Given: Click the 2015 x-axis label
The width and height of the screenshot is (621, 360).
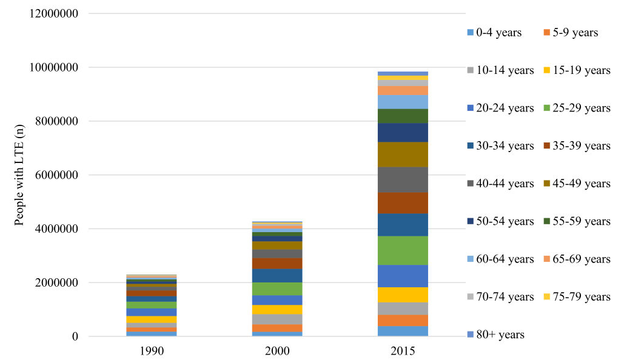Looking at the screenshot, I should point(403,351).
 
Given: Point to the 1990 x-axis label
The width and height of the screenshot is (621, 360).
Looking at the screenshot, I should point(152,351).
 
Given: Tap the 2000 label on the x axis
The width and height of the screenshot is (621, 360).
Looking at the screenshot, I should point(277,351).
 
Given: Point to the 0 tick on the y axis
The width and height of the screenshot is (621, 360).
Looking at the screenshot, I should point(75,337).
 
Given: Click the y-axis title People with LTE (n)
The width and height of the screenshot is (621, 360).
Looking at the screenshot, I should point(19,175).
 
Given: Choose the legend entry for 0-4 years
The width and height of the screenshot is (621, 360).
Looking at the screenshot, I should point(494,33).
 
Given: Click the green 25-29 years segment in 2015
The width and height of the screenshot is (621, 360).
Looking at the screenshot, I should point(403,250).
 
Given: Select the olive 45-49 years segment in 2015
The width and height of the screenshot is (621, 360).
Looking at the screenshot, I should point(403,155).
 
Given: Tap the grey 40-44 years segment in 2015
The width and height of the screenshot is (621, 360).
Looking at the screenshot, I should point(403,180).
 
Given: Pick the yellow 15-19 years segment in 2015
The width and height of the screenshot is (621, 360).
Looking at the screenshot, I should point(403,295).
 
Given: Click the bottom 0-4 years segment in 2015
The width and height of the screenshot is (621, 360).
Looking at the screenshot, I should point(403,331).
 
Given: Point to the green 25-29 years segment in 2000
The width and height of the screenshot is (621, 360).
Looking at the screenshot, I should point(277,289).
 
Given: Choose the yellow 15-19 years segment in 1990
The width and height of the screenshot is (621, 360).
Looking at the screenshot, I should point(152,319).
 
